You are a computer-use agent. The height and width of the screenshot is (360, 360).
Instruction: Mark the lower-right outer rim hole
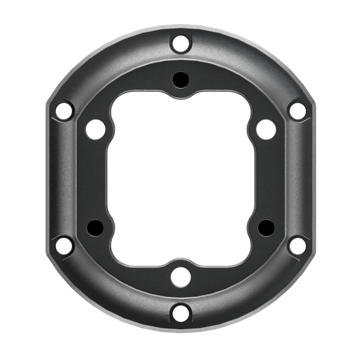(x=297, y=245)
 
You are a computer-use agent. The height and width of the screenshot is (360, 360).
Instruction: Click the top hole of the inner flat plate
(x=180, y=80)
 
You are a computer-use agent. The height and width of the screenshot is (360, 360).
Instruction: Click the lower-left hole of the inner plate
(x=94, y=227)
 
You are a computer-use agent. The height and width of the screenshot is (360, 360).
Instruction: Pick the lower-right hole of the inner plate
(x=265, y=227)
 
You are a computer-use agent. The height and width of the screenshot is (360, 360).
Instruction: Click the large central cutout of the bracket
(x=180, y=178)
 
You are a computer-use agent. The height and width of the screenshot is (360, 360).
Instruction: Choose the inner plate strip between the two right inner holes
(x=265, y=178)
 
